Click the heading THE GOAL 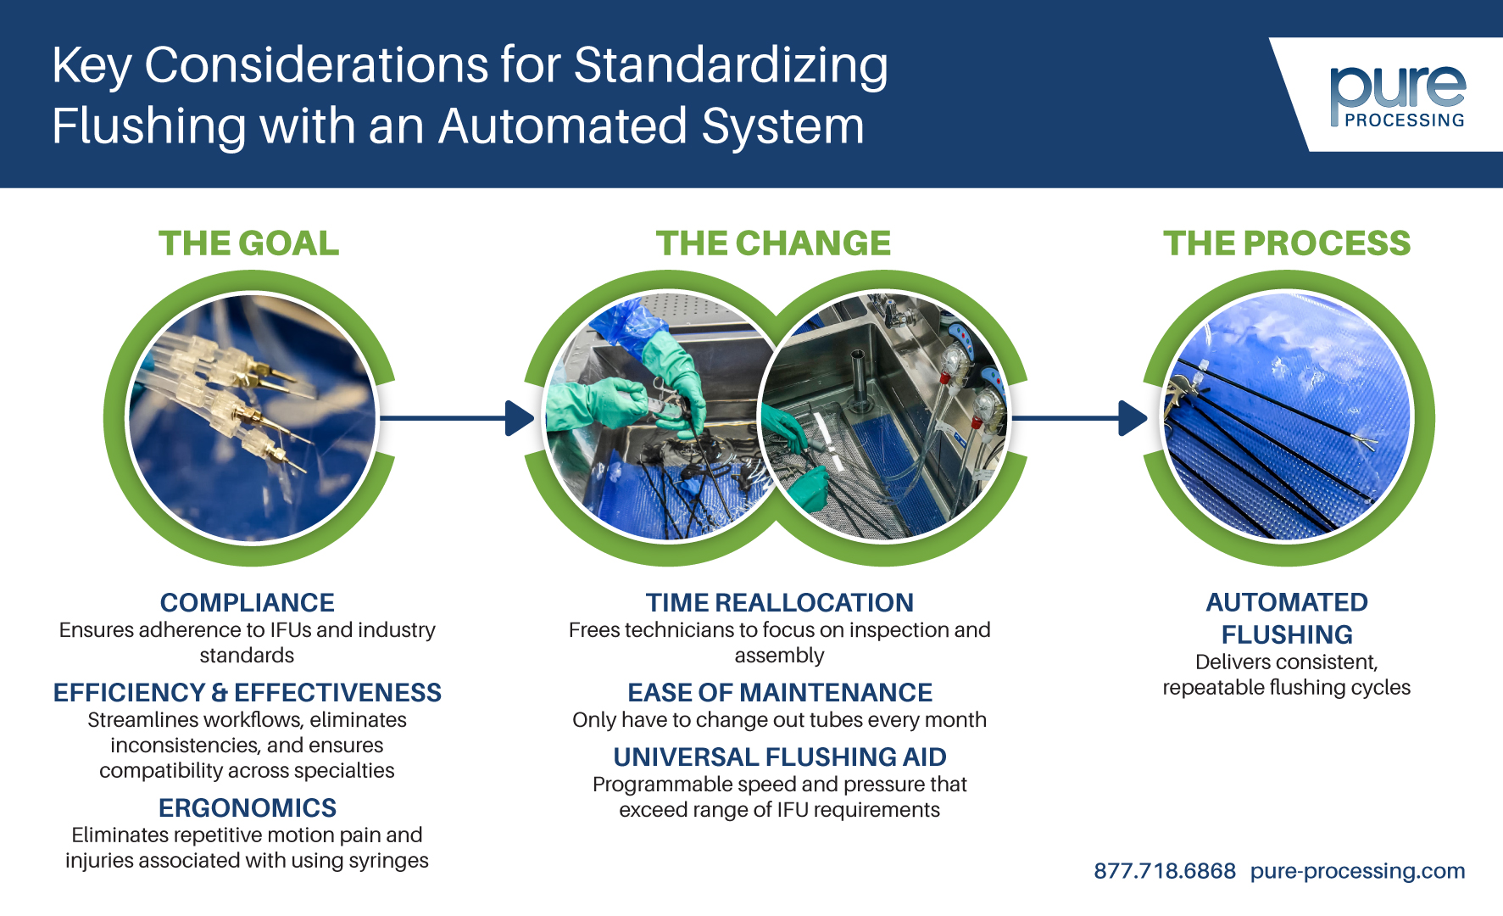pyautogui.click(x=248, y=243)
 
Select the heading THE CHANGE pyautogui.click(x=773, y=243)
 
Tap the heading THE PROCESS pyautogui.click(x=1286, y=243)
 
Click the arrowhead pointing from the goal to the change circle pyautogui.click(x=519, y=418)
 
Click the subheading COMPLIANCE pyautogui.click(x=247, y=602)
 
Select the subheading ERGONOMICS pyautogui.click(x=247, y=807)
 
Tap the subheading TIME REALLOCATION pyautogui.click(x=779, y=602)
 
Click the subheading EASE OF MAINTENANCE pyautogui.click(x=779, y=692)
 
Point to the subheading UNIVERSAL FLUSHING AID pyautogui.click(x=779, y=757)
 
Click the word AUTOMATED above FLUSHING pyautogui.click(x=1286, y=602)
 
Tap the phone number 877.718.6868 pyautogui.click(x=1164, y=871)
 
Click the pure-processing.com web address pyautogui.click(x=1357, y=871)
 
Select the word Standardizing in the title pyautogui.click(x=731, y=66)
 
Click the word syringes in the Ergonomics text pyautogui.click(x=387, y=861)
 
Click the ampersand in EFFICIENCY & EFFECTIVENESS pyautogui.click(x=220, y=693)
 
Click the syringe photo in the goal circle pyautogui.click(x=250, y=418)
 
